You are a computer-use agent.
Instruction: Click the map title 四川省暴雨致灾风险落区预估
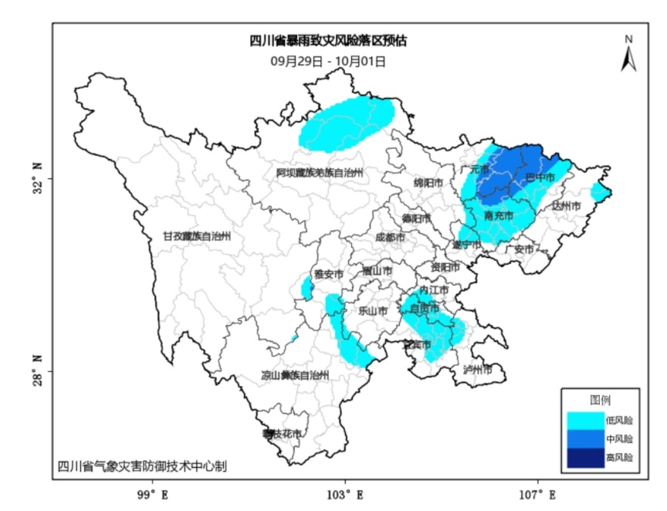[328, 42]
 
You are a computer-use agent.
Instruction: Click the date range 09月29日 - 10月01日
[328, 59]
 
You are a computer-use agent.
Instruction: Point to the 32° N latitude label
[38, 178]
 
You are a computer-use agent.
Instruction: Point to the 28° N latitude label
[38, 371]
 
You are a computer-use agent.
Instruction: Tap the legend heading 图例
[600, 401]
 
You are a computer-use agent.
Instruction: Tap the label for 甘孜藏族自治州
[196, 236]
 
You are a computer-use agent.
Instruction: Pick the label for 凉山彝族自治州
[294, 376]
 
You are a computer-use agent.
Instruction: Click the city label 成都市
[390, 238]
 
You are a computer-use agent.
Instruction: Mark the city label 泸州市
[477, 370]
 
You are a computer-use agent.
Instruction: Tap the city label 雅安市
[329, 274]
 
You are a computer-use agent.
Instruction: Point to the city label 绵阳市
[428, 184]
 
